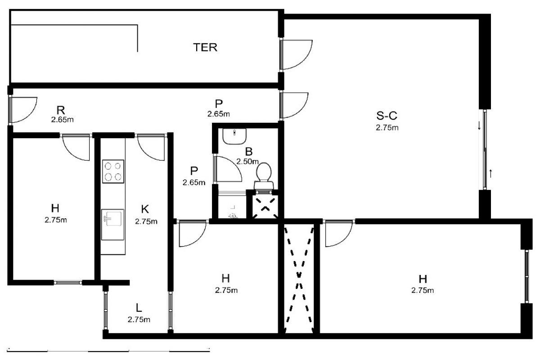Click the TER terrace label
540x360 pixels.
(205, 47)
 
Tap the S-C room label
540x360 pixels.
(387, 116)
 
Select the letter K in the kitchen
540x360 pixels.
(145, 209)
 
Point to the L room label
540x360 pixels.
(139, 308)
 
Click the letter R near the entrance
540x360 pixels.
(60, 110)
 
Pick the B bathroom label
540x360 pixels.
(249, 152)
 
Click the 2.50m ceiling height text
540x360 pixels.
(247, 161)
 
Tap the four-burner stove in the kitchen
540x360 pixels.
(113, 171)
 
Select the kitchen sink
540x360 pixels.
(112, 225)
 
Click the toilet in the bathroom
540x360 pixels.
(264, 176)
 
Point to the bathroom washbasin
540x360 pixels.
(234, 136)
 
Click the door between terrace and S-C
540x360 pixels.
(297, 54)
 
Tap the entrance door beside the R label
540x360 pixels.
(23, 110)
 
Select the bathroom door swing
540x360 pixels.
(228, 169)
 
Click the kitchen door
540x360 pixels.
(151, 147)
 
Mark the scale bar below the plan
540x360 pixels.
(108, 351)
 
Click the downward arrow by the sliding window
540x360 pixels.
(479, 126)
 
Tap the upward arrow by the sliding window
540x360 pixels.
(490, 174)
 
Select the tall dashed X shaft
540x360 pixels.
(299, 279)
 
